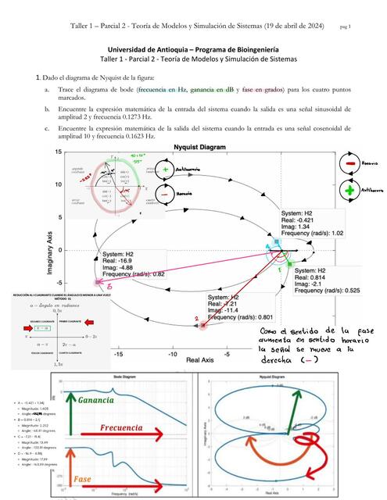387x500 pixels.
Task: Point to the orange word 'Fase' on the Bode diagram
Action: (86, 479)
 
